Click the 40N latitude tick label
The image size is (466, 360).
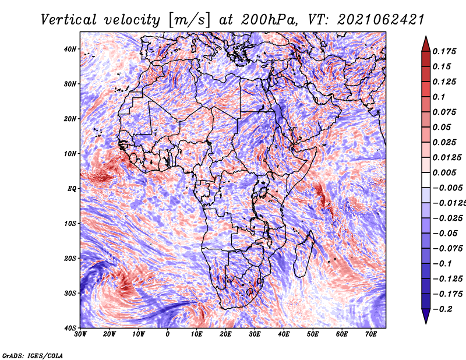[x=70, y=49]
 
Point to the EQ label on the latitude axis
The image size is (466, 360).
[x=72, y=189]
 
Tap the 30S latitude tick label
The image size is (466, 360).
[x=70, y=293]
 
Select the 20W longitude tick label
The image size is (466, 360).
[x=109, y=334]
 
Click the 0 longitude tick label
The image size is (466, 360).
[x=168, y=334]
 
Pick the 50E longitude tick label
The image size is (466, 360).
[x=313, y=334]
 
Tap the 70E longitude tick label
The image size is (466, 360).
[x=371, y=334]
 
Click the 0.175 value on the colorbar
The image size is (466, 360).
[x=444, y=51]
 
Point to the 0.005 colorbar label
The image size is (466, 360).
[x=444, y=172]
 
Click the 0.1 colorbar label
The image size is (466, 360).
[x=439, y=97]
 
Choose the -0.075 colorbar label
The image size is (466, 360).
[x=448, y=249]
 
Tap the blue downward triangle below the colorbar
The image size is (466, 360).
[x=426, y=316]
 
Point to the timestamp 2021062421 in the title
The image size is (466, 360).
[x=381, y=20]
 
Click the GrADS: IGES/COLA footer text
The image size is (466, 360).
[x=33, y=356]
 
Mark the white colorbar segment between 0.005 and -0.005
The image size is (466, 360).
[x=426, y=180]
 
